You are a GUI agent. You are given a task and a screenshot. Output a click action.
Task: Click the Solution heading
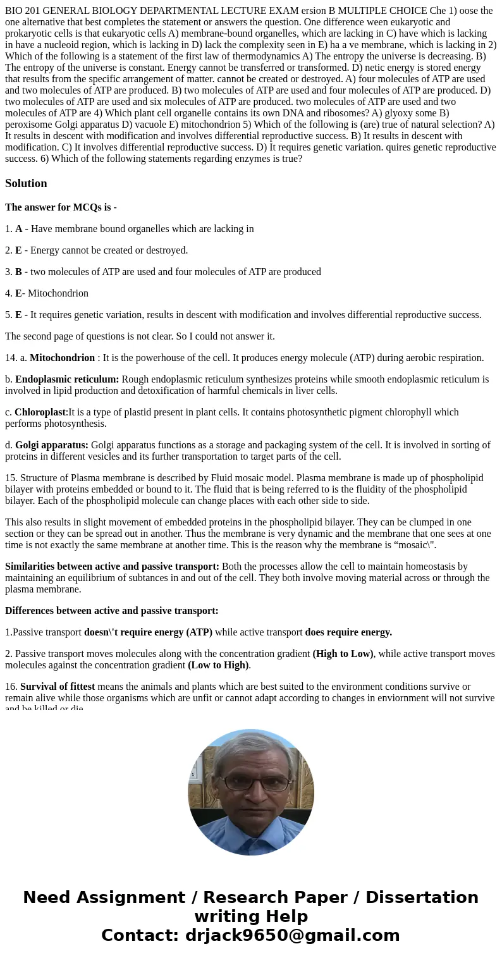(26, 183)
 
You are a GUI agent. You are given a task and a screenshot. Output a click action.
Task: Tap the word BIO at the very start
(14, 11)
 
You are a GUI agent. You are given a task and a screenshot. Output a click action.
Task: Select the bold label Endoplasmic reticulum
(67, 379)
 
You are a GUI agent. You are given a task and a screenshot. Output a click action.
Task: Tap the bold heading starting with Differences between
(112, 611)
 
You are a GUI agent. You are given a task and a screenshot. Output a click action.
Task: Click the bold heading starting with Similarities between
(112, 567)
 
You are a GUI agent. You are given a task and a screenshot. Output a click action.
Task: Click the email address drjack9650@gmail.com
(292, 936)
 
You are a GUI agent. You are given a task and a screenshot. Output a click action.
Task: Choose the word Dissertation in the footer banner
(422, 898)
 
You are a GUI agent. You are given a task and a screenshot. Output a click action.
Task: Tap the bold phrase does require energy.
(348, 632)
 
